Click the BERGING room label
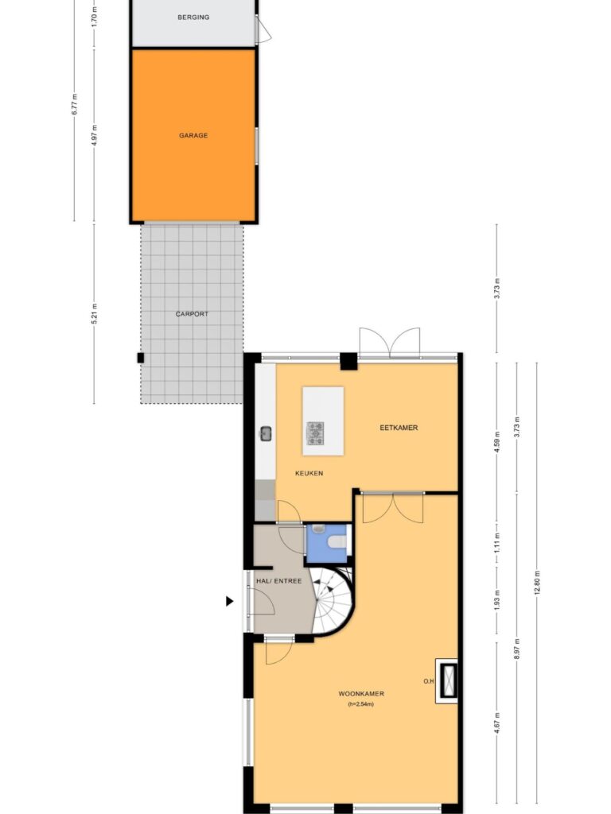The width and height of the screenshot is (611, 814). pyautogui.click(x=193, y=17)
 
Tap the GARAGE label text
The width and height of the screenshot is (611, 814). pyautogui.click(x=193, y=135)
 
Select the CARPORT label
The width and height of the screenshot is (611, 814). pyautogui.click(x=192, y=314)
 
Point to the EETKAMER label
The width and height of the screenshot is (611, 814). pyautogui.click(x=399, y=428)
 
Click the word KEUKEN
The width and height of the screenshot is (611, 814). pyautogui.click(x=309, y=474)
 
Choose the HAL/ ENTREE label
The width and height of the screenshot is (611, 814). pyautogui.click(x=279, y=581)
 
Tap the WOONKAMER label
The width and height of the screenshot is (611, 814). pyautogui.click(x=361, y=693)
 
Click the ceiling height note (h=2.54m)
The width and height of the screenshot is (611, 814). pyautogui.click(x=361, y=704)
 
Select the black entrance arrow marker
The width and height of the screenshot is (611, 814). pyautogui.click(x=229, y=601)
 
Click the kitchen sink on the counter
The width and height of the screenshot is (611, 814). pyautogui.click(x=266, y=433)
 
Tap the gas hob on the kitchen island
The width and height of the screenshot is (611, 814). pyautogui.click(x=315, y=433)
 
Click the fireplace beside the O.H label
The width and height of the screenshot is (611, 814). pyautogui.click(x=447, y=680)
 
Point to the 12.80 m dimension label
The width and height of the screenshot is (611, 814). pyautogui.click(x=537, y=583)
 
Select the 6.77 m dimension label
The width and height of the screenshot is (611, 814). pyautogui.click(x=74, y=104)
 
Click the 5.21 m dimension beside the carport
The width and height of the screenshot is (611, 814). pyautogui.click(x=94, y=313)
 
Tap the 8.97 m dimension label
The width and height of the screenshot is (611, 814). pyautogui.click(x=516, y=649)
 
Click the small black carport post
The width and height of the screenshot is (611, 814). pyautogui.click(x=140, y=358)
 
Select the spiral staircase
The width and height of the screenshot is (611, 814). pyautogui.click(x=333, y=601)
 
